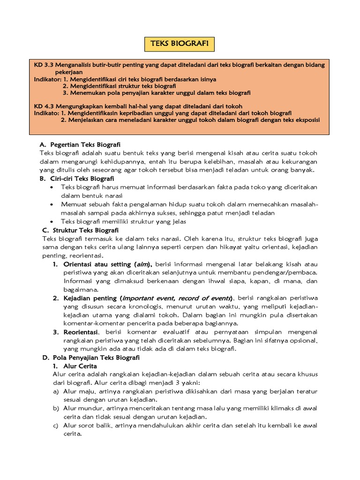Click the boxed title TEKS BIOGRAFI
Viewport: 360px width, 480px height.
coord(179,44)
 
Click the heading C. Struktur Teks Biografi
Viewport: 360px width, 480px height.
coord(80,230)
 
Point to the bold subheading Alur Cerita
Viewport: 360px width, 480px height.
coord(81,366)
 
